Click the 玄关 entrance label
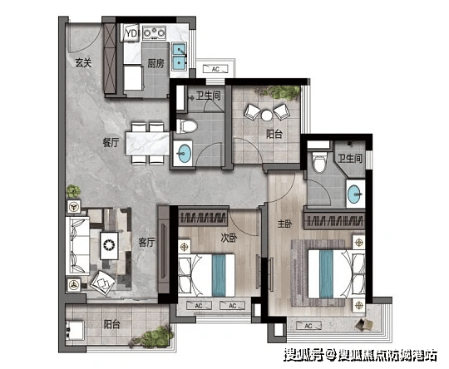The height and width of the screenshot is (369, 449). tap(83, 62)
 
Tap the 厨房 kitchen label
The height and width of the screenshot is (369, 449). tap(155, 63)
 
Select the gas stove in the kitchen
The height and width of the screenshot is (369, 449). tap(155, 32)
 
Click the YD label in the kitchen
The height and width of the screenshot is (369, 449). tap(131, 33)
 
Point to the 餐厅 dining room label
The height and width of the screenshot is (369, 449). tap(111, 142)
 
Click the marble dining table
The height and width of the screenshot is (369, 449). tap(148, 144)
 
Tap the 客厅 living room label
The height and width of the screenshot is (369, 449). tap(146, 242)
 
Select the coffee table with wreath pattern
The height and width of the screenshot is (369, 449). tap(109, 246)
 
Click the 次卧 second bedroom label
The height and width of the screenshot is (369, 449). tap(229, 238)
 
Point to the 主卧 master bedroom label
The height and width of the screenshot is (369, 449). tap(284, 224)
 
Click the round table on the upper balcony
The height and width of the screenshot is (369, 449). tap(267, 116)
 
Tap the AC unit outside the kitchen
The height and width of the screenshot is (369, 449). tap(215, 69)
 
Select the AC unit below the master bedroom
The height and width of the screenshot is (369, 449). tap(308, 326)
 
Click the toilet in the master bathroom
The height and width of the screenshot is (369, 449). tap(319, 162)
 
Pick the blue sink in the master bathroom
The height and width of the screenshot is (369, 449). tap(355, 194)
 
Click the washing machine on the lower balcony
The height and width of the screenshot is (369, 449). tap(75, 330)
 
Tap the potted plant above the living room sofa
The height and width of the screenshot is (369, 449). tap(73, 191)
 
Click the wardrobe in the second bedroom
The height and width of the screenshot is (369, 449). tap(203, 218)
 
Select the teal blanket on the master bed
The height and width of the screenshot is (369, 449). tap(326, 274)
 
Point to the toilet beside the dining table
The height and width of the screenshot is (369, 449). tap(186, 126)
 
